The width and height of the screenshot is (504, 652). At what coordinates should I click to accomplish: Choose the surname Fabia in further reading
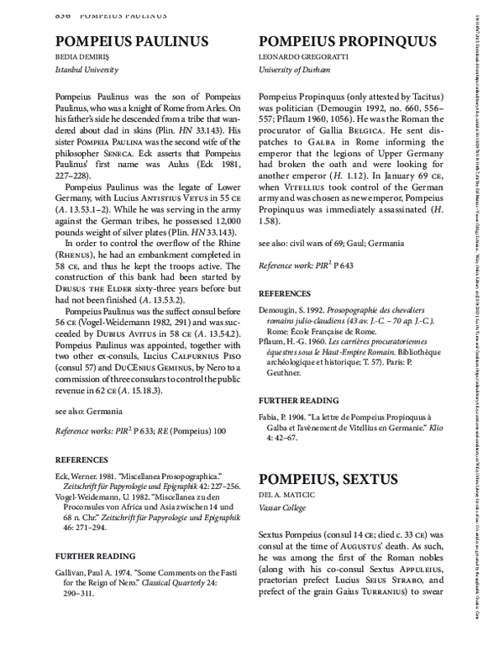point(269,417)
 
